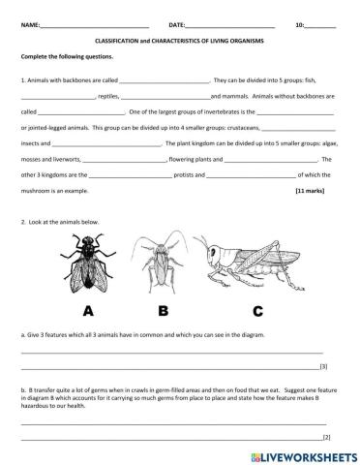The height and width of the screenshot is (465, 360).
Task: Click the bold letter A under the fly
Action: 89,311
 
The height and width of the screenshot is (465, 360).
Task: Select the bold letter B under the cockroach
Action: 164,311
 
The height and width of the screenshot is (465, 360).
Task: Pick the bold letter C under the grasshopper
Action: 257,311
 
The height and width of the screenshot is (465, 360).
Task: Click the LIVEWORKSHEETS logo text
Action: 306,455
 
